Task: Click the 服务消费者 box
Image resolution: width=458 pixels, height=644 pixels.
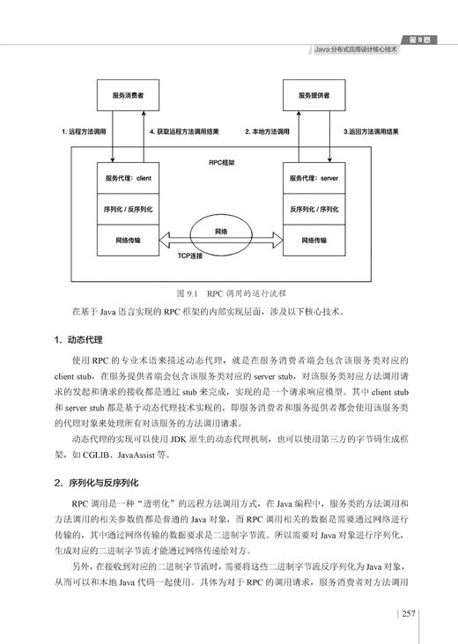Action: click(129, 94)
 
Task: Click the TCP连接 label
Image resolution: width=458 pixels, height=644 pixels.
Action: click(189, 256)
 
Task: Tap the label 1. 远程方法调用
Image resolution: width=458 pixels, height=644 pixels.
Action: click(85, 131)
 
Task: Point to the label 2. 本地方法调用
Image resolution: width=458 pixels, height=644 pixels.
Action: click(268, 131)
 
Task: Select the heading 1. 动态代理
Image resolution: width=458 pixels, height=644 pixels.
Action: click(81, 339)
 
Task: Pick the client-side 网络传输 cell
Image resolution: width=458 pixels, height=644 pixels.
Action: click(129, 240)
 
